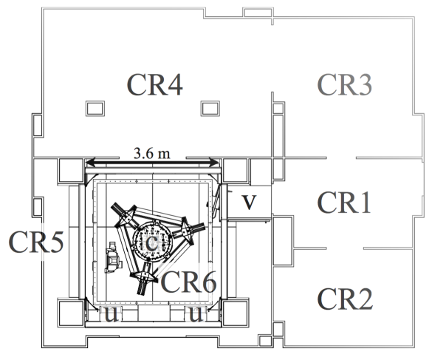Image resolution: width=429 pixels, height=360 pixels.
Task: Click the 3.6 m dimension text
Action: coord(151,153)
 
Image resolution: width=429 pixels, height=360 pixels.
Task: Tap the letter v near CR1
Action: coord(250,202)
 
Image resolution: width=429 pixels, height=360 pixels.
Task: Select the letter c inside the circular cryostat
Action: coord(151,241)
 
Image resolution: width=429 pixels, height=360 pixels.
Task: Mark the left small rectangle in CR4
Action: coord(94,107)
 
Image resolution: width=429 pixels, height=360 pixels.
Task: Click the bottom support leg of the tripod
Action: coord(143,279)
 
